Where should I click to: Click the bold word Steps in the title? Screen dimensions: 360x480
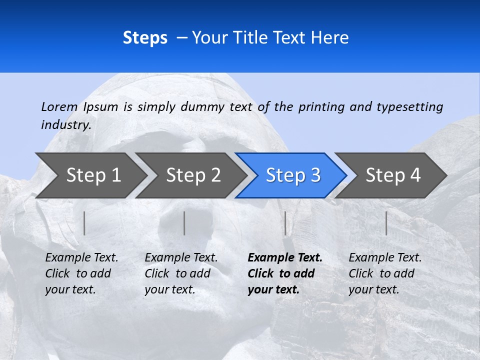145,38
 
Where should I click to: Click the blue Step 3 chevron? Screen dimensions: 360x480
292,175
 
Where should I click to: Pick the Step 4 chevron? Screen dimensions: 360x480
392,175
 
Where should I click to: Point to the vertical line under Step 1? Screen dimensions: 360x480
84,223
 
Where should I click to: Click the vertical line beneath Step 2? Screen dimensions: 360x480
184,223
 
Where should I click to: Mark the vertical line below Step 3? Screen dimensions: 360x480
285,223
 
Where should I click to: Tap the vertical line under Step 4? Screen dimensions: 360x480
386,223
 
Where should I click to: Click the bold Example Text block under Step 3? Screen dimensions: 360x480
284,273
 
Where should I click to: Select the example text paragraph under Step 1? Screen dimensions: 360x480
81,273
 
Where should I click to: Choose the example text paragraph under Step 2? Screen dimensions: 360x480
181,273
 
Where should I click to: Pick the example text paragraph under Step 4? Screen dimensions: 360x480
385,273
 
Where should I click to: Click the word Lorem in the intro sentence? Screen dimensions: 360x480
59,107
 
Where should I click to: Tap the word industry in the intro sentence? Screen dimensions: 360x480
65,125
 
